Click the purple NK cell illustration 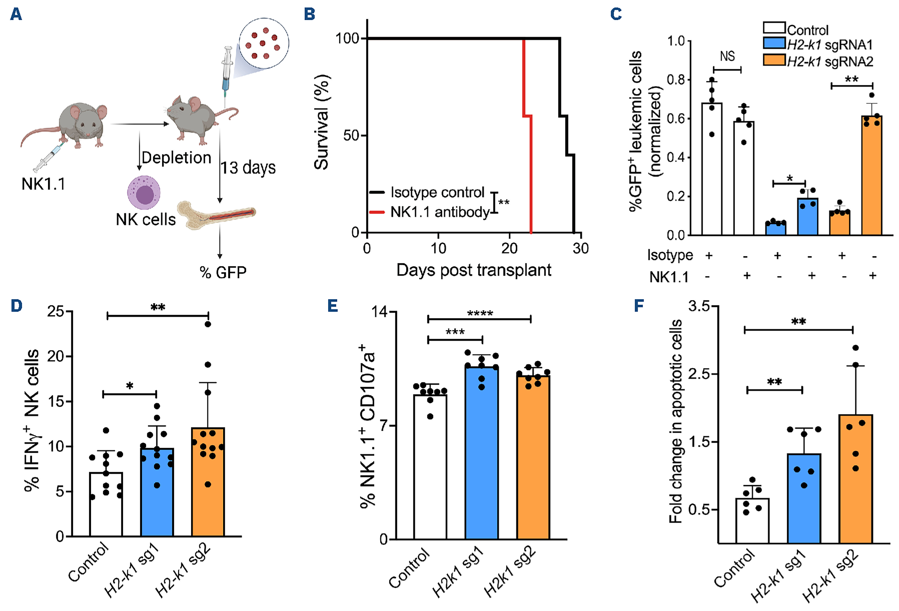pyautogui.click(x=144, y=192)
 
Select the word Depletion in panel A pyautogui.click(x=176, y=158)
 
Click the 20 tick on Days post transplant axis pyautogui.click(x=509, y=248)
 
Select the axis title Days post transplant pyautogui.click(x=474, y=270)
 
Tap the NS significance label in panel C pyautogui.click(x=727, y=56)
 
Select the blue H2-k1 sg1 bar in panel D pyautogui.click(x=157, y=491)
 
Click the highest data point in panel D pyautogui.click(x=208, y=324)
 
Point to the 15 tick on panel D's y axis pyautogui.click(x=55, y=401)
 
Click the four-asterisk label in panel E pyautogui.click(x=480, y=313)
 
